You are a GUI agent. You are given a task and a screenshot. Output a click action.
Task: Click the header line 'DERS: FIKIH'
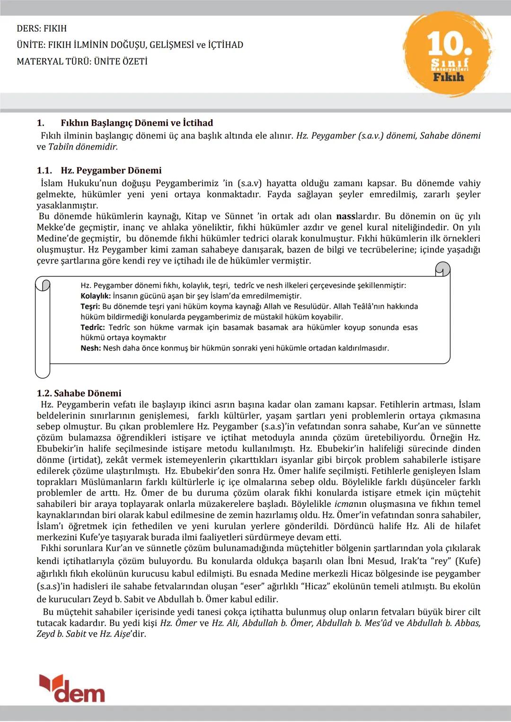pos(42,28)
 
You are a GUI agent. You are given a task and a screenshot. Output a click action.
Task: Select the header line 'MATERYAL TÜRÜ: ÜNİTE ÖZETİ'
pos(82,61)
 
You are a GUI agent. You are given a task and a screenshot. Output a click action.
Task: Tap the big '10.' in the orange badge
pos(449,44)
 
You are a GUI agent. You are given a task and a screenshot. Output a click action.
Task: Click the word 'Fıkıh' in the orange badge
pos(449,77)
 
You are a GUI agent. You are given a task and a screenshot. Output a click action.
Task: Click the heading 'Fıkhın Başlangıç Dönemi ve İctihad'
pos(137,123)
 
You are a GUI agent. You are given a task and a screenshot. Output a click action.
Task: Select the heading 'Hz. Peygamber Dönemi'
pos(111,171)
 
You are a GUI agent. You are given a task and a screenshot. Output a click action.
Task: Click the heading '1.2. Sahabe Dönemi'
pos(79,393)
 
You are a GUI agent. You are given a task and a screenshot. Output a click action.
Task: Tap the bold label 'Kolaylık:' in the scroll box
pos(96,296)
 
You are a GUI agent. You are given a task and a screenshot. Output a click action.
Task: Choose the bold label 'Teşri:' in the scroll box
pos(90,306)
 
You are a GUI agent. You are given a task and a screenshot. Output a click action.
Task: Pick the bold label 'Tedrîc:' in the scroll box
pos(93,327)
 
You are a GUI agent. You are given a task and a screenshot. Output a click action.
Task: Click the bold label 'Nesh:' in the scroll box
pos(90,348)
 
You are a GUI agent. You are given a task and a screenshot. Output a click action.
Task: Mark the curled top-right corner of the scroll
pos(442,270)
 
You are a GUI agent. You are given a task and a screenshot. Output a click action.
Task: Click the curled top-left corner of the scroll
pos(43,285)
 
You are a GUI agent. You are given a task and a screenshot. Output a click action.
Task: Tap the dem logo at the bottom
pos(72,688)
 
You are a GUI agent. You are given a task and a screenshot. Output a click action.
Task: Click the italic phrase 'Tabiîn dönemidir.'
pos(83,147)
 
